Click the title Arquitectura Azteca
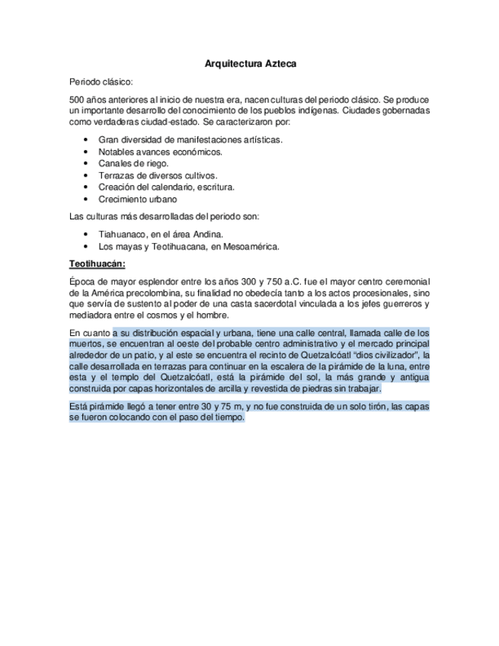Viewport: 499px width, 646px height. click(250, 64)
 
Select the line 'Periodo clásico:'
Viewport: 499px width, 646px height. click(101, 81)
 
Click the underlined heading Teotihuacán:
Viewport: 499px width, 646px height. click(98, 264)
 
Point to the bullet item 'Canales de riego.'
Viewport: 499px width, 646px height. click(133, 163)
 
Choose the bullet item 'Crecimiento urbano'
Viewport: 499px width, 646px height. click(137, 199)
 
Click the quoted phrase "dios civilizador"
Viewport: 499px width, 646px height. click(385, 355)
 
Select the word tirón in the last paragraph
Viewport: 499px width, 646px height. click(368, 407)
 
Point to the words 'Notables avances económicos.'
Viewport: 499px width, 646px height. click(160, 152)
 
